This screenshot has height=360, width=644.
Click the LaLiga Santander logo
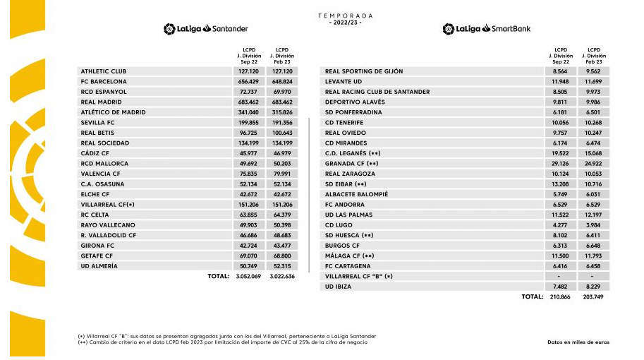[206, 29]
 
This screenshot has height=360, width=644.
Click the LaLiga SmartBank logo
[486, 29]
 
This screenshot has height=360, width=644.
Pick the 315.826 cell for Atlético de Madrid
[282, 112]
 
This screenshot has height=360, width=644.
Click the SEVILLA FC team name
[98, 122]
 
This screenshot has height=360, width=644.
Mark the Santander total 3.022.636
[282, 277]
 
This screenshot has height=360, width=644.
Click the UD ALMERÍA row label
[99, 266]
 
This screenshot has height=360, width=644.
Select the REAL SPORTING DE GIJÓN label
[363, 71]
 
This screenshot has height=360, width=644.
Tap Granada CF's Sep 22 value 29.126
[561, 163]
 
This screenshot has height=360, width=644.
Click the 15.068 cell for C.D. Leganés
[593, 153]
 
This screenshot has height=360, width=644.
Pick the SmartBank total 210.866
[561, 297]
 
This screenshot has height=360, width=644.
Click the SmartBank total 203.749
[593, 297]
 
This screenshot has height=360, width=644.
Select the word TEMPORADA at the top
[345, 16]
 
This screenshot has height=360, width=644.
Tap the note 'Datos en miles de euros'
[578, 342]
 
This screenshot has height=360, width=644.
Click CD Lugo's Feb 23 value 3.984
[593, 224]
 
